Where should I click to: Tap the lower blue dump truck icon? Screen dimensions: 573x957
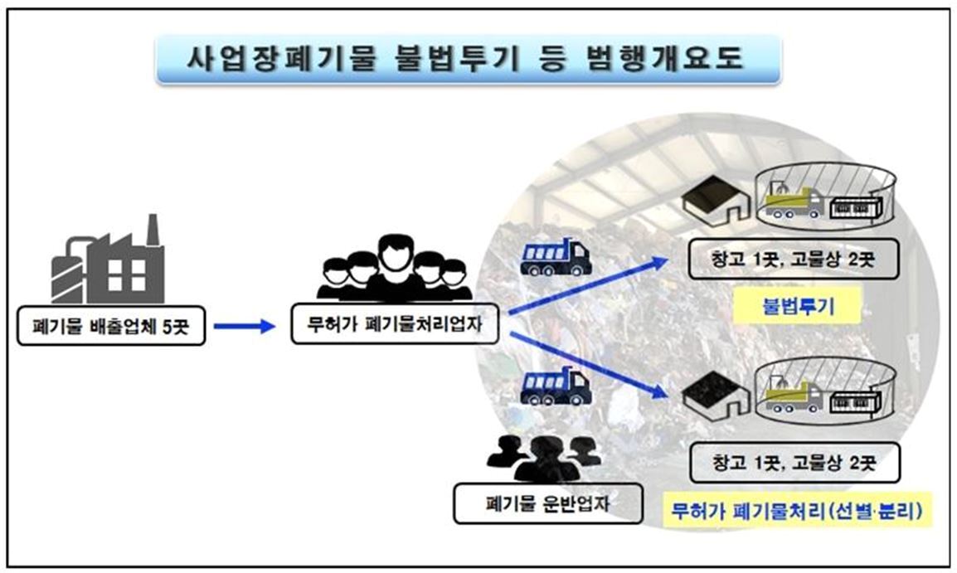click(x=555, y=386)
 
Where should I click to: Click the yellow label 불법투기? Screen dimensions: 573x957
click(x=798, y=306)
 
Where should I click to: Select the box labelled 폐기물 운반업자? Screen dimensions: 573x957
click(x=547, y=503)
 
